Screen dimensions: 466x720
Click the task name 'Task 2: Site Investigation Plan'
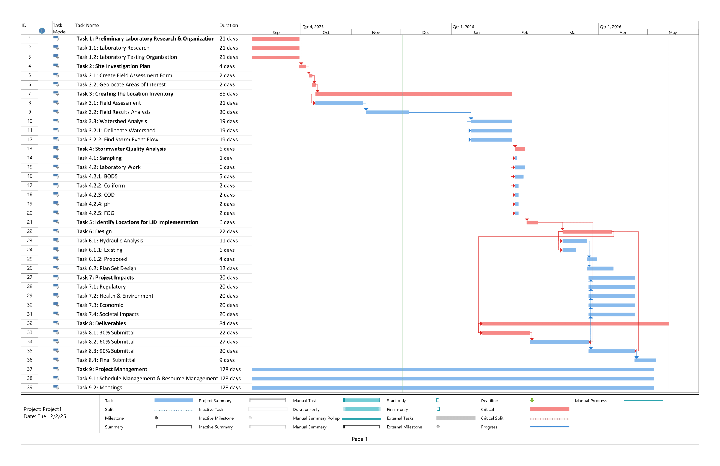pyautogui.click(x=113, y=66)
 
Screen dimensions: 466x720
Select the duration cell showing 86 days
pyautogui.click(x=228, y=94)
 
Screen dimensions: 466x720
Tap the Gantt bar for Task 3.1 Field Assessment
pyautogui.click(x=339, y=103)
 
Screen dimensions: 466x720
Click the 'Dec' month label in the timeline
pyautogui.click(x=426, y=33)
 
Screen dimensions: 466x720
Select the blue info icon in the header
pyautogui.click(x=42, y=31)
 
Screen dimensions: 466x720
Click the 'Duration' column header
pyautogui.click(x=229, y=26)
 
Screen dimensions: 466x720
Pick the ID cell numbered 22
pyautogui.click(x=30, y=231)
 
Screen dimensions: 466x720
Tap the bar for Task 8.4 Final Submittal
pyautogui.click(x=645, y=360)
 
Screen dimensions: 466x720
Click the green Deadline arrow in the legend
pyautogui.click(x=532, y=401)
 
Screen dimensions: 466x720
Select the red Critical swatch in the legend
pyautogui.click(x=549, y=409)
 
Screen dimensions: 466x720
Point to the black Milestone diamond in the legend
pyautogui.click(x=156, y=418)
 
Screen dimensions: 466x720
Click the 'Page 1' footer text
pyautogui.click(x=360, y=439)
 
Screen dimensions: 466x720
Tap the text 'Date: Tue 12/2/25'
pyautogui.click(x=45, y=416)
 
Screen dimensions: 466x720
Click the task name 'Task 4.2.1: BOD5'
pyautogui.click(x=97, y=176)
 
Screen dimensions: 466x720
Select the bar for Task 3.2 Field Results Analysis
pyautogui.click(x=387, y=112)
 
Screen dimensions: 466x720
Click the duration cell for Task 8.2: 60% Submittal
pyautogui.click(x=228, y=342)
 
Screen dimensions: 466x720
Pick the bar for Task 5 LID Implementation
pyautogui.click(x=532, y=222)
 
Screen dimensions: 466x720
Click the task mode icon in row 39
pyautogui.click(x=56, y=387)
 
